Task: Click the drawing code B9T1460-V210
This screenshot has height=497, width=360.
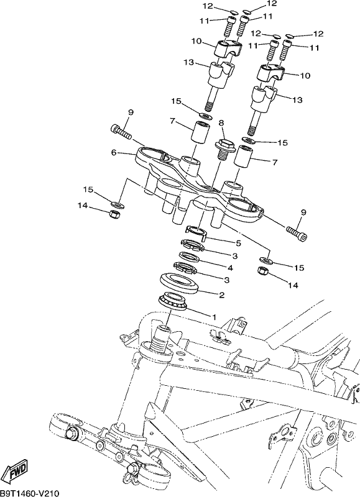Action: click(30, 493)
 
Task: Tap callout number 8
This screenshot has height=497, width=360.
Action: click(221, 122)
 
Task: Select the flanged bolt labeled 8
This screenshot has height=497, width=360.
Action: click(224, 150)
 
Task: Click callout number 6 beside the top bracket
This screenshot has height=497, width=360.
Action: click(113, 152)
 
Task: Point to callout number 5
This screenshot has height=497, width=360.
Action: click(238, 244)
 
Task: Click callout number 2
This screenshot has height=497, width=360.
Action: click(222, 294)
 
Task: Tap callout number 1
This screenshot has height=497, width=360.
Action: click(214, 316)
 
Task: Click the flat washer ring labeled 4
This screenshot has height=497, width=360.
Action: click(190, 257)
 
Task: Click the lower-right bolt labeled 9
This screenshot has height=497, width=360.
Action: click(297, 234)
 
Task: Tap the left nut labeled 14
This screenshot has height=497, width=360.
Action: click(114, 214)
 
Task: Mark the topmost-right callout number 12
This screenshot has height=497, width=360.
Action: click(271, 4)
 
